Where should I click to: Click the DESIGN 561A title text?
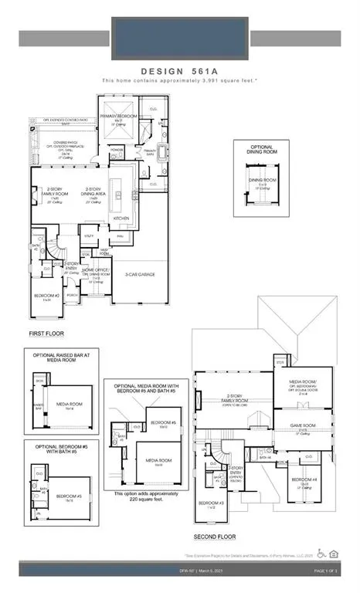click(179, 68)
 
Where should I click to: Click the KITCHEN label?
click(122, 219)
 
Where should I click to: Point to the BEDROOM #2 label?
click(47, 296)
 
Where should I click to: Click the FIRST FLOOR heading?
click(46, 333)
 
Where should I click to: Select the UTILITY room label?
click(88, 236)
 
